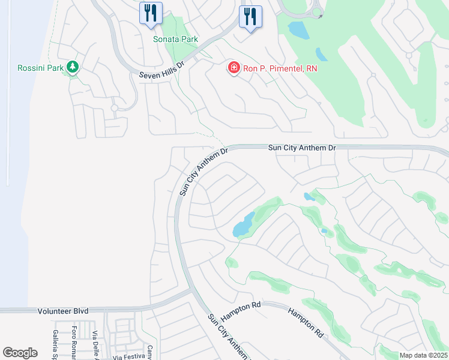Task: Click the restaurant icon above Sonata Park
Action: pos(151,14)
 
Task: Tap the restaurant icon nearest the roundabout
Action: pos(250,16)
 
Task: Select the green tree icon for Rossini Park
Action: pos(73,66)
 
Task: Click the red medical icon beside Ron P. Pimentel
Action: pos(233,68)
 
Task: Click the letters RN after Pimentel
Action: pos(311,68)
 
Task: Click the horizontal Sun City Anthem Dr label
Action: pos(301,148)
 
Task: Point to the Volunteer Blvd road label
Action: pos(63,311)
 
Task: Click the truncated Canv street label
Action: pos(150,352)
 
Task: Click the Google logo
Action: pos(20,353)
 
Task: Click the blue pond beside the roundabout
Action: pos(297,29)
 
